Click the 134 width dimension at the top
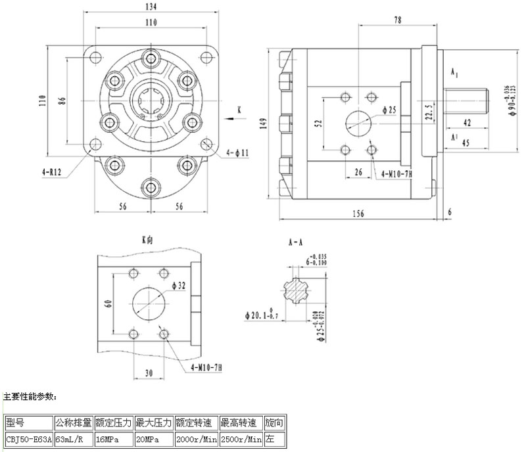pos(151,7)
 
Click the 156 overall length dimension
pos(358,213)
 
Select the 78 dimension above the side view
pos(398,20)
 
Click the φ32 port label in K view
pos(179,285)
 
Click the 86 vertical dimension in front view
pos(62,101)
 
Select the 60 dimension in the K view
pos(108,304)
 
